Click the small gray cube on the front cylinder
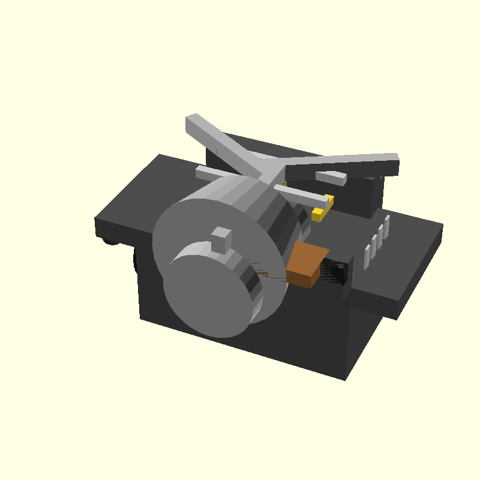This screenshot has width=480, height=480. pos(221,239)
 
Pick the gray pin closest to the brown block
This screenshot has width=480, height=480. pos(367,256)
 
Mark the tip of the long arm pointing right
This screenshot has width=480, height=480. pos(390,162)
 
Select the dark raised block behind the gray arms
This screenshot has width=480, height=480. pos(366,192)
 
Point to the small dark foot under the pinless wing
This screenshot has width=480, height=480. pos(110,241)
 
